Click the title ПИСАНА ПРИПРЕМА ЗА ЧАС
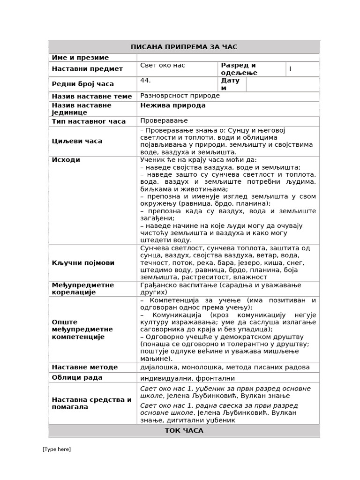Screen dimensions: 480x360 coord(184,47)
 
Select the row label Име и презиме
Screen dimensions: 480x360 coord(80,58)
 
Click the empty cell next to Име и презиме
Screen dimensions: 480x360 coord(228,58)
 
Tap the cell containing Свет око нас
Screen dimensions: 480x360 coord(163,66)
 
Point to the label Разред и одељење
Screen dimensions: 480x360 coord(239,69)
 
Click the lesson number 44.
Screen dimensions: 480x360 coord(145,81)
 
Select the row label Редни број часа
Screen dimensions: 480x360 coord(83,84)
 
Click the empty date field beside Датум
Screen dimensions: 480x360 coord(282,84)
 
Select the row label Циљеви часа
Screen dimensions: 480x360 coord(77,141)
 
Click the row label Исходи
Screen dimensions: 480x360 coord(66,160)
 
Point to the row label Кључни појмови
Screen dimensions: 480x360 coord(83,262)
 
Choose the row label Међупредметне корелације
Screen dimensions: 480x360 coord(83,289)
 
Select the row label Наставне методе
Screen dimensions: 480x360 coord(85,367)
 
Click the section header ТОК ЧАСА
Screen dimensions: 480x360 coord(184,430)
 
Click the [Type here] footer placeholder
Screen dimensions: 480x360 coord(57,449)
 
